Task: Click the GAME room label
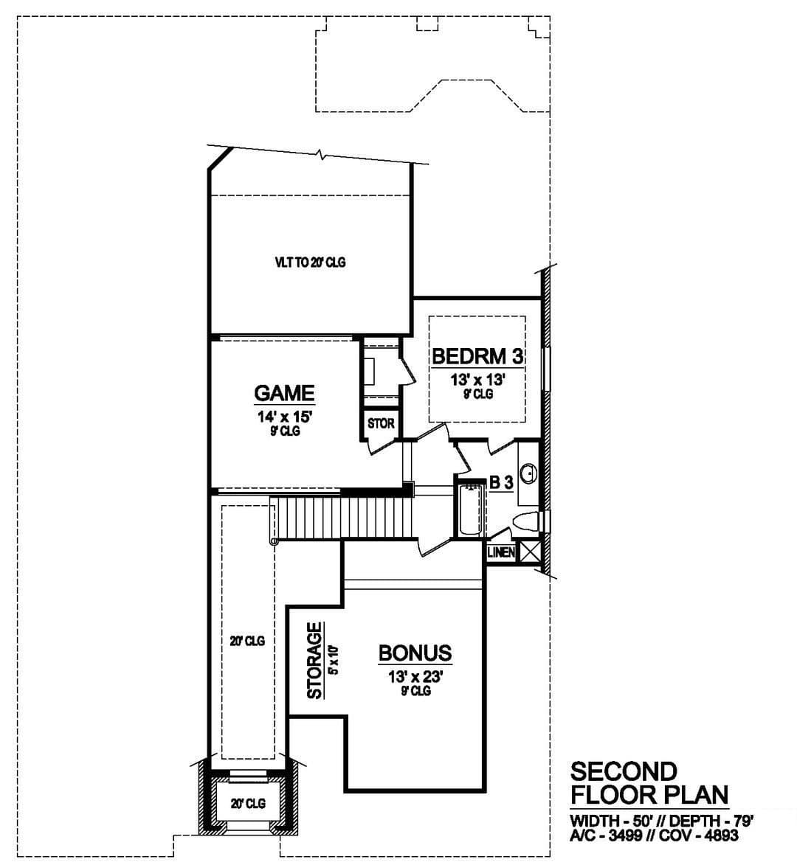pos(284,393)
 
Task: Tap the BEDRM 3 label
pos(477,356)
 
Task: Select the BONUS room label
pos(415,653)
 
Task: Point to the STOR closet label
pos(381,424)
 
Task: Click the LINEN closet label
pos(501,552)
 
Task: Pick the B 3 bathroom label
pos(501,483)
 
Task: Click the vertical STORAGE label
pos(314,660)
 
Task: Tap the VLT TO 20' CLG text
pos(310,263)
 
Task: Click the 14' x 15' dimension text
pos(285,417)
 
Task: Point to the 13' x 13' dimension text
pos(478,380)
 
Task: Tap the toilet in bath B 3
pos(526,522)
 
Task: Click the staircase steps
pos(345,517)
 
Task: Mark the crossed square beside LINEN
pos(529,552)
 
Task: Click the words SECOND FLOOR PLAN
pos(649,783)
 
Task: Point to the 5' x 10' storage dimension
pos(333,660)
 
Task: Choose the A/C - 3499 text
pos(605,836)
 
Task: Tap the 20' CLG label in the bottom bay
pos(249,804)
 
